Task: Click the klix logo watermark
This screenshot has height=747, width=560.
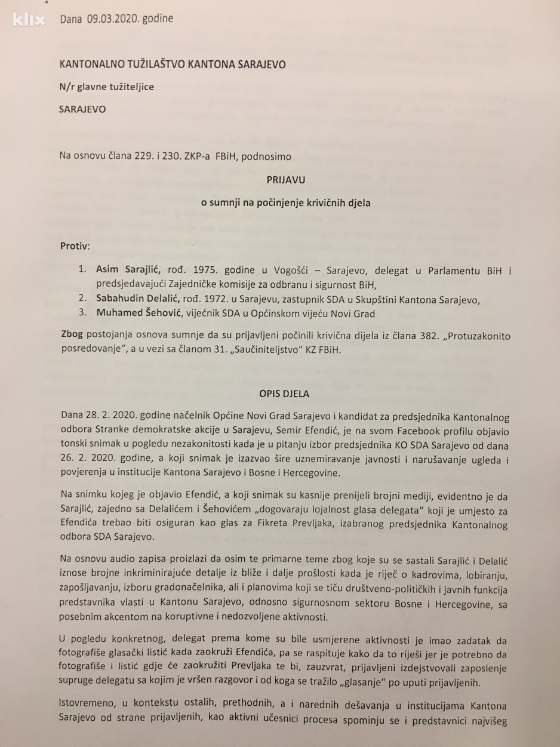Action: tap(29, 20)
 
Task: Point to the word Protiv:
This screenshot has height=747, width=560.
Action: tap(75, 246)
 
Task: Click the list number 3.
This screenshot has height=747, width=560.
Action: tap(82, 312)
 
